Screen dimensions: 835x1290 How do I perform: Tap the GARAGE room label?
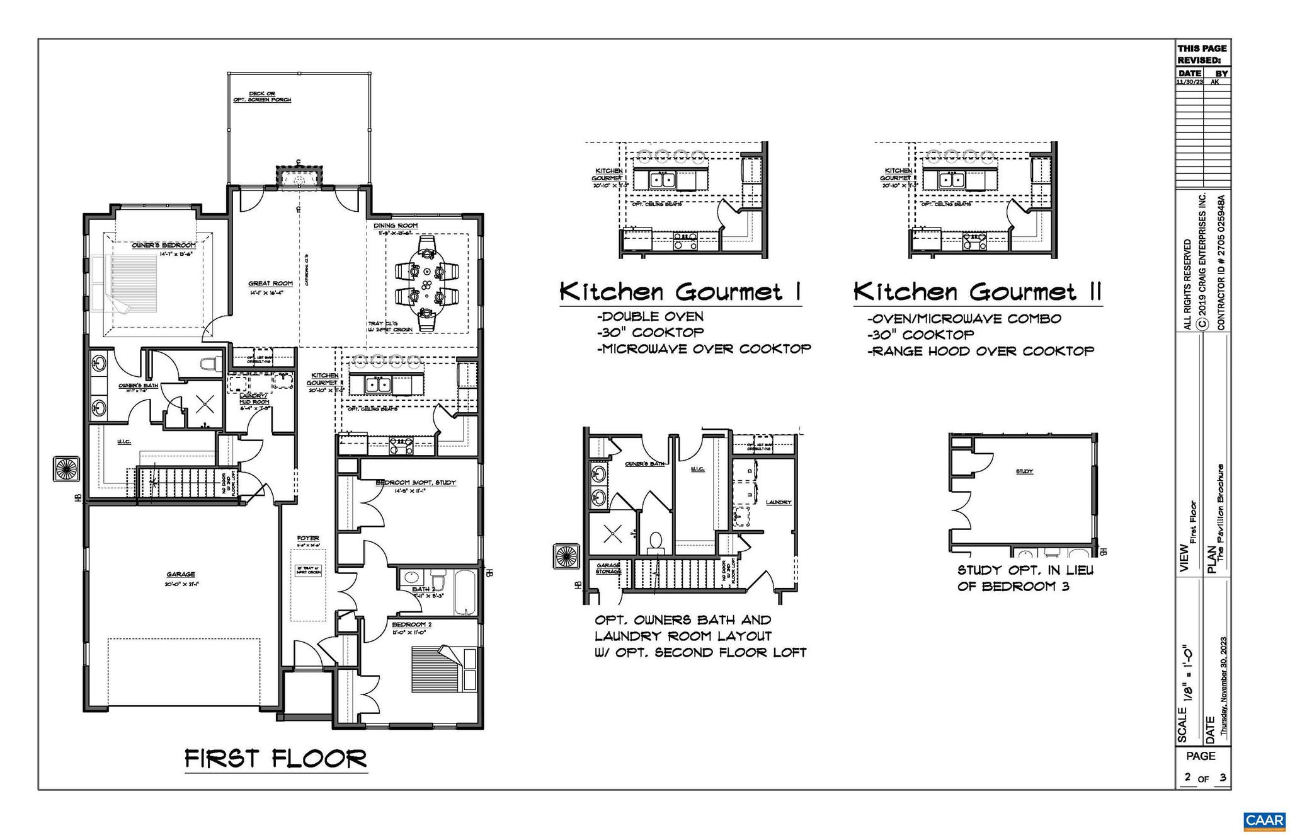(181, 574)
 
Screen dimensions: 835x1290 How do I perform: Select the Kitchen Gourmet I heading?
(680, 292)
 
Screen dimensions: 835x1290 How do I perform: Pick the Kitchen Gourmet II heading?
(977, 292)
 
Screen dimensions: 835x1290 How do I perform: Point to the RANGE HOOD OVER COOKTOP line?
(981, 351)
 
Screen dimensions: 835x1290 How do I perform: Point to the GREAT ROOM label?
(270, 284)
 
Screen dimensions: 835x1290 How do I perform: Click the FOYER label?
(308, 538)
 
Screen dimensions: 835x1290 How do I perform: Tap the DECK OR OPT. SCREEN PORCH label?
(262, 96)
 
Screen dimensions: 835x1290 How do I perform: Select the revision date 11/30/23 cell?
(1189, 82)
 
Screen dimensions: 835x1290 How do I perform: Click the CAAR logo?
(1264, 821)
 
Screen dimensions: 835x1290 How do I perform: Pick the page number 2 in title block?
(1187, 777)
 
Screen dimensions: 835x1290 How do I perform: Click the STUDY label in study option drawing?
(1024, 471)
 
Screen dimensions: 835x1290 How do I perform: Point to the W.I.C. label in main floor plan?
(123, 442)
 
